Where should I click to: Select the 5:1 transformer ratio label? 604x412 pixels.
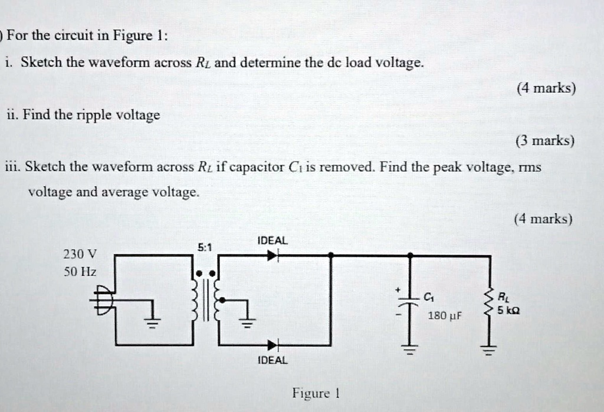click(x=205, y=248)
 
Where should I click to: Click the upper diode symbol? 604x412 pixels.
click(x=272, y=256)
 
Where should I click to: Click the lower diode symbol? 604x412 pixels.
click(x=272, y=345)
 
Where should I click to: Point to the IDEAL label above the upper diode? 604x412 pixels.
click(x=272, y=241)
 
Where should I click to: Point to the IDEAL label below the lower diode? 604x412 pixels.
click(x=272, y=360)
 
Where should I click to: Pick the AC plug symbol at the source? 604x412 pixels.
click(x=101, y=300)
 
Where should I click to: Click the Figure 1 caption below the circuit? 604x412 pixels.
click(x=314, y=393)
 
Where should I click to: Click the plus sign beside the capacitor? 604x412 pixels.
click(x=398, y=290)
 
